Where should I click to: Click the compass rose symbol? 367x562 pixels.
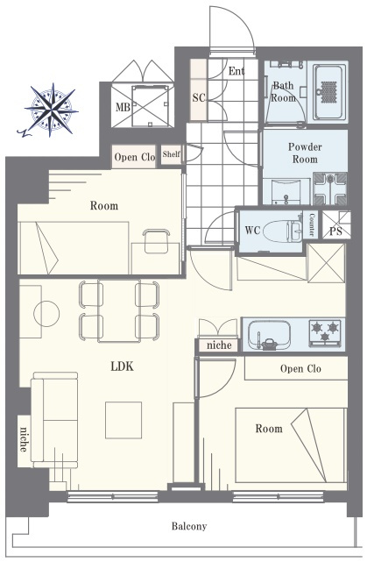(x=51, y=110)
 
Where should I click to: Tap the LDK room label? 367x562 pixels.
(x=122, y=366)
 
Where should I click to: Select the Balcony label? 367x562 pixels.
(x=189, y=526)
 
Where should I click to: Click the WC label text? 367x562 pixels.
(x=252, y=230)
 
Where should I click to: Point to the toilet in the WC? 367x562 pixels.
(x=283, y=231)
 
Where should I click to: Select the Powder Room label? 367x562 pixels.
(x=305, y=153)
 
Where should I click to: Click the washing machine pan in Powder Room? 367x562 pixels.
(x=330, y=189)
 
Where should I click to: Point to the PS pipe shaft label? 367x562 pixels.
(x=335, y=231)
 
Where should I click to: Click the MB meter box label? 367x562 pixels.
(x=123, y=107)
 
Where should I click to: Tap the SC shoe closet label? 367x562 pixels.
(x=199, y=97)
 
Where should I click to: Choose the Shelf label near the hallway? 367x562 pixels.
(x=171, y=154)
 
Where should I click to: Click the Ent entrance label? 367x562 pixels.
(x=236, y=71)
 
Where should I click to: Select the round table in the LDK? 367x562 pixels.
(x=46, y=314)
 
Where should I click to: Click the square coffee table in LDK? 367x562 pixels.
(x=124, y=420)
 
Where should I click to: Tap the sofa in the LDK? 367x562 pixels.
(x=54, y=420)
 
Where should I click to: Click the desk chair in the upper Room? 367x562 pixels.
(x=157, y=240)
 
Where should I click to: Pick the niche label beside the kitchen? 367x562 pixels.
(x=219, y=345)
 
